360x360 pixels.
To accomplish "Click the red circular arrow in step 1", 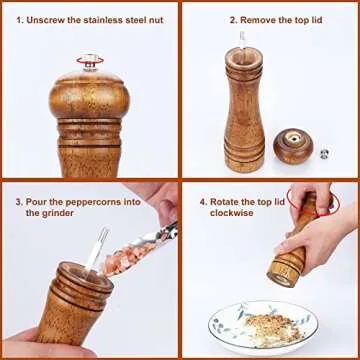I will (92, 63).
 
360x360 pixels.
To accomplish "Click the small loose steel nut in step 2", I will (323, 153).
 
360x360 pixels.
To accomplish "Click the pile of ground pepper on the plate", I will (262, 325).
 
